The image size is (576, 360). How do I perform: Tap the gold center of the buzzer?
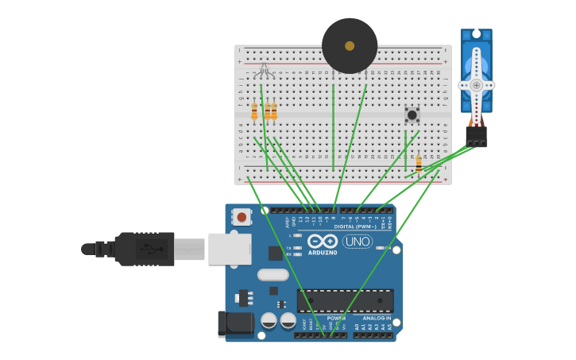tap(350, 46)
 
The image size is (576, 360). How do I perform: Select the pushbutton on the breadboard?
tap(412, 114)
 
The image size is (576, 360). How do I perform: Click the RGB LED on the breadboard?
tap(264, 72)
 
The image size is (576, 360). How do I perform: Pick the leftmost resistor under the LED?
tap(254, 112)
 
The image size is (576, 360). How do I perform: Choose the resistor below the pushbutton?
tap(419, 164)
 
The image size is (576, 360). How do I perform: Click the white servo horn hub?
tap(476, 85)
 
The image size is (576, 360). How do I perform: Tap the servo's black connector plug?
tap(477, 136)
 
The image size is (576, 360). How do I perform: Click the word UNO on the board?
tap(358, 242)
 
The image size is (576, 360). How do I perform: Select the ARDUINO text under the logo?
tap(323, 253)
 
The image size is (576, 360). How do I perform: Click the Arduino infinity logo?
tap(323, 241)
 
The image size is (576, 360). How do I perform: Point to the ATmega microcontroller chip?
tap(345, 300)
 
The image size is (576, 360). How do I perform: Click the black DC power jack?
tap(233, 323)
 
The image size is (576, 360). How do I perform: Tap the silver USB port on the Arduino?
tap(230, 249)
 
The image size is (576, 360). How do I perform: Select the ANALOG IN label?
tap(377, 318)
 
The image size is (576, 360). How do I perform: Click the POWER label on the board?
tap(336, 318)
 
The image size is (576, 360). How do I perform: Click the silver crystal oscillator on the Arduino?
tap(273, 275)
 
